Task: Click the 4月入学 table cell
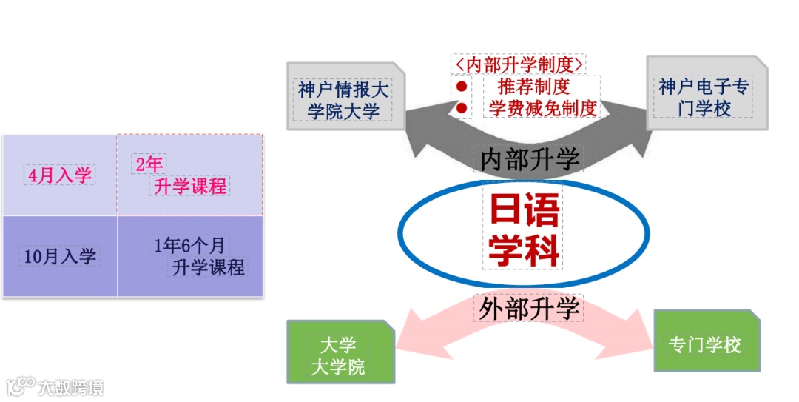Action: tap(59, 175)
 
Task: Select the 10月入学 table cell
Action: tap(59, 257)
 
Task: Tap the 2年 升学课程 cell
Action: tap(190, 175)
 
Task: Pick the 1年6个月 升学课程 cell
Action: tap(190, 256)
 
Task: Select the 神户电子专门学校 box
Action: tap(704, 97)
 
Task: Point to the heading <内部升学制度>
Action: tap(519, 64)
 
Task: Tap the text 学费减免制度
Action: tap(543, 109)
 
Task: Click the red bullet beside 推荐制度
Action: tap(462, 87)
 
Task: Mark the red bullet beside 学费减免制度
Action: tap(462, 109)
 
